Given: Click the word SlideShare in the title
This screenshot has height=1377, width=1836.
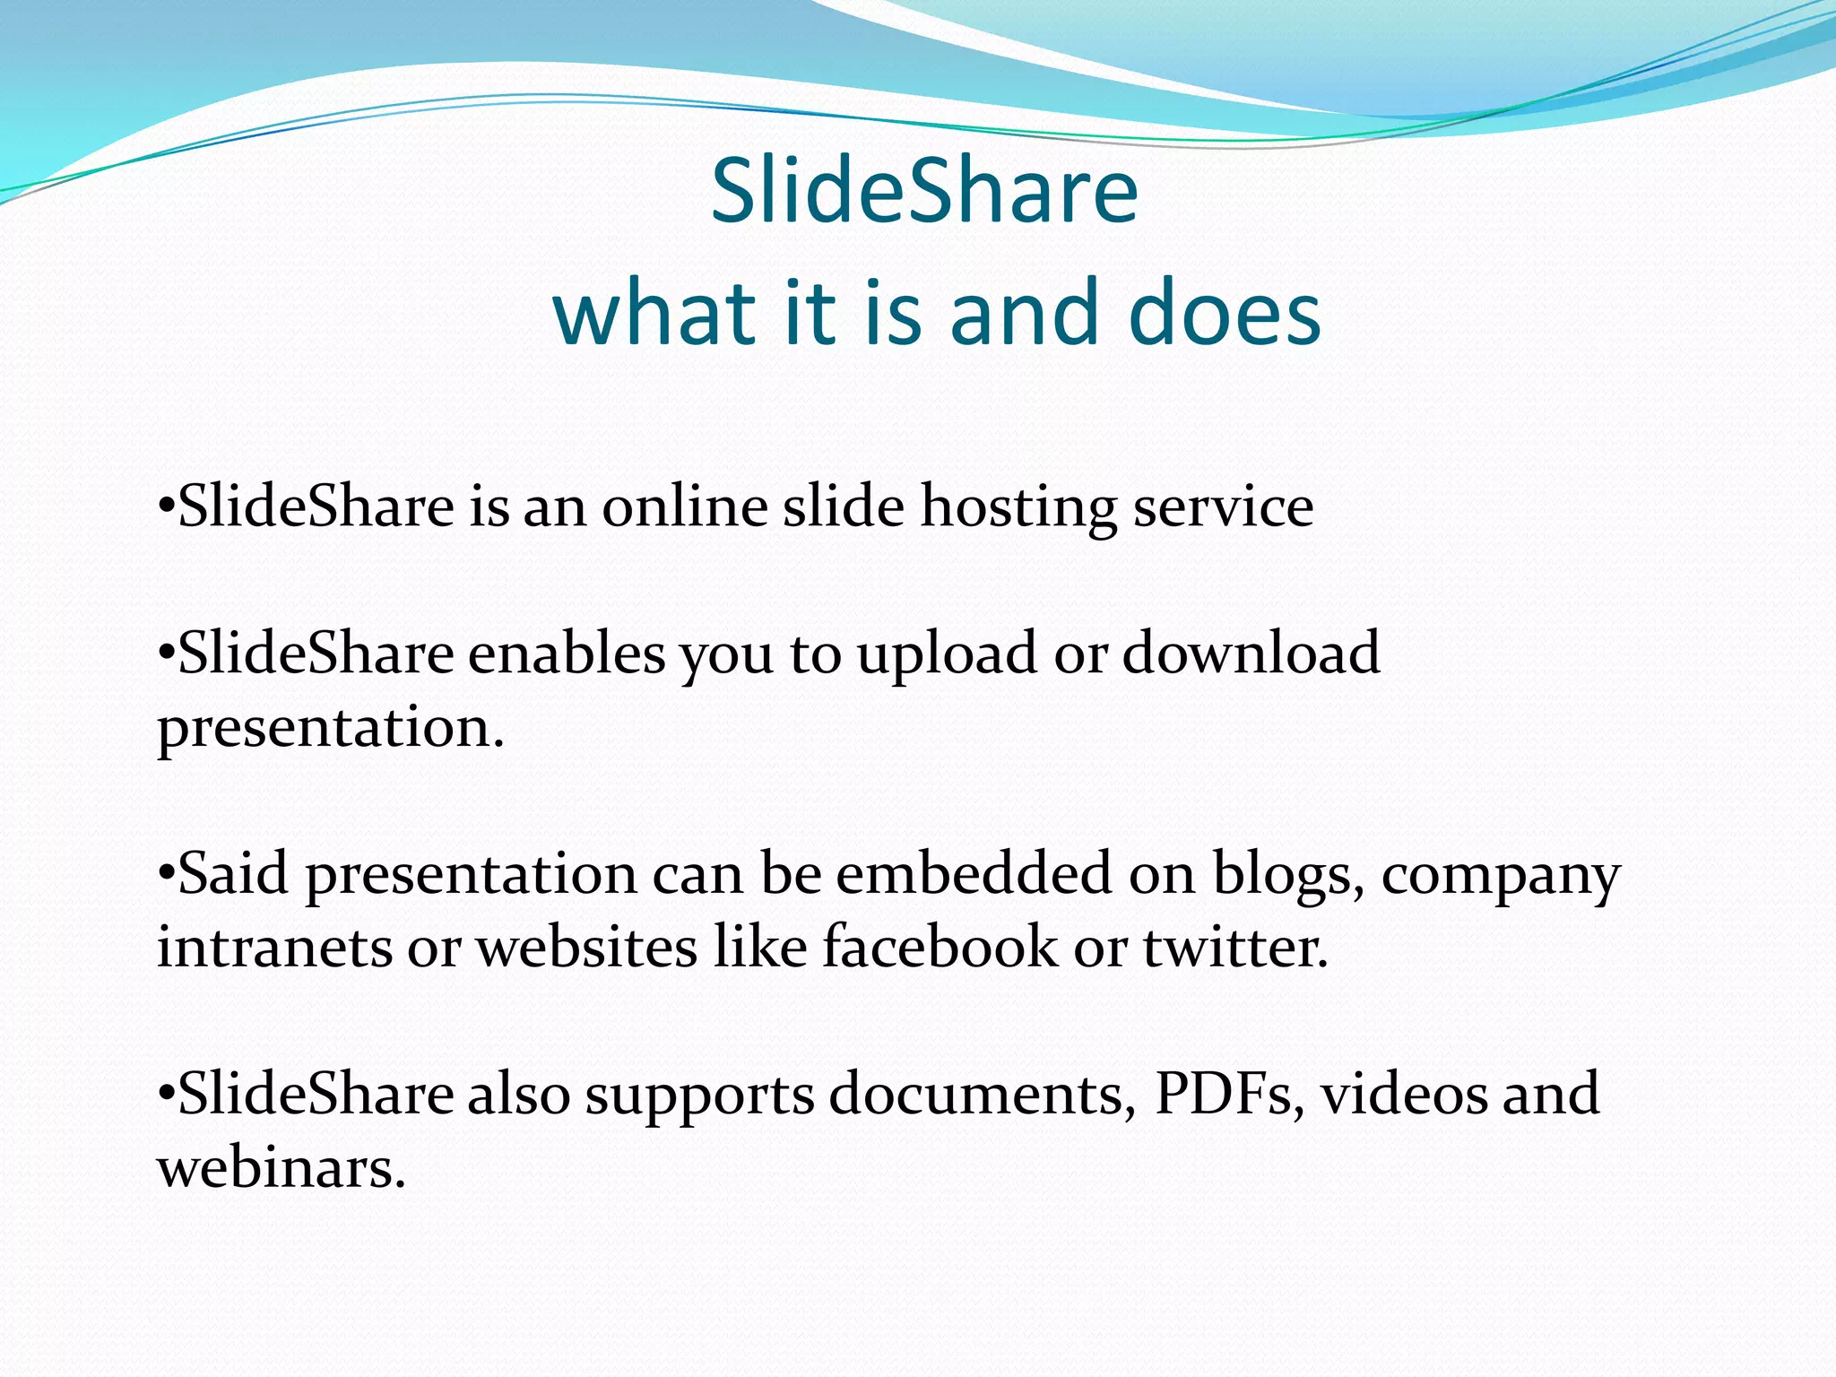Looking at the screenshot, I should [x=924, y=190].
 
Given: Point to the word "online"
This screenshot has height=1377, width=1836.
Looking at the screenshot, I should [x=685, y=507].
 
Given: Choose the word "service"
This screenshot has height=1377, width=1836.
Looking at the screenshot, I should [x=1223, y=507].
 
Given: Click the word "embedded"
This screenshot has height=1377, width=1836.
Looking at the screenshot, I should [x=974, y=873].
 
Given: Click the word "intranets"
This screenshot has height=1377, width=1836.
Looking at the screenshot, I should [x=274, y=948].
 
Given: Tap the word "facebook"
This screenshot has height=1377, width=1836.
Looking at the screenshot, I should [x=940, y=947].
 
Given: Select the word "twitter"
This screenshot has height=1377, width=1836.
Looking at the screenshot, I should [x=1234, y=948].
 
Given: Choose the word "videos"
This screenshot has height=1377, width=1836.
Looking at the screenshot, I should [x=1404, y=1094].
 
